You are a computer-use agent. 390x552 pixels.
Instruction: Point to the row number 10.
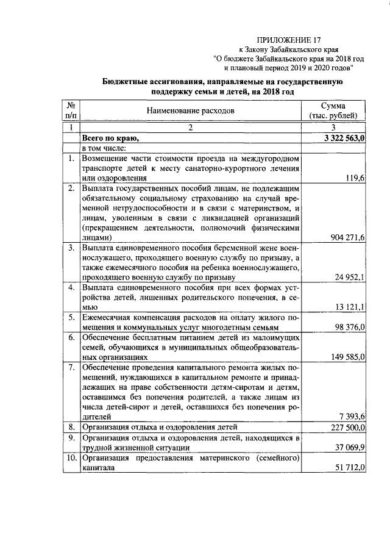[71, 457]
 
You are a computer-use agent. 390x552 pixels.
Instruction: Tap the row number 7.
[71, 368]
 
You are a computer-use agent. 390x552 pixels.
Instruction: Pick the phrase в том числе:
[104, 148]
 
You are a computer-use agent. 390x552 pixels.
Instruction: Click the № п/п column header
[71, 110]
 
